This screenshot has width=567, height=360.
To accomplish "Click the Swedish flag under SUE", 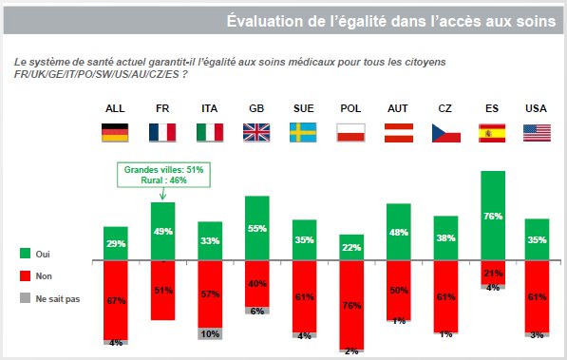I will pos(304,132).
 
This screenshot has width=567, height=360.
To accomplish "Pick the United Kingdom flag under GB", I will pos(256,132).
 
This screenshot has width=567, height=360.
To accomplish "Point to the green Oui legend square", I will pos(26,254).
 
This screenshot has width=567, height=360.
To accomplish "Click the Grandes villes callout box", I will pos(162,175).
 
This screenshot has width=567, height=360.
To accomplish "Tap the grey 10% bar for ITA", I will pos(210,333).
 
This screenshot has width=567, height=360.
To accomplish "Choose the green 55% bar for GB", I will pos(256,227).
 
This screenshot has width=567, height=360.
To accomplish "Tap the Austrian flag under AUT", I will pos(398,132).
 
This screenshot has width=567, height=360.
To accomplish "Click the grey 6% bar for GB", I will pos(256,310).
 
